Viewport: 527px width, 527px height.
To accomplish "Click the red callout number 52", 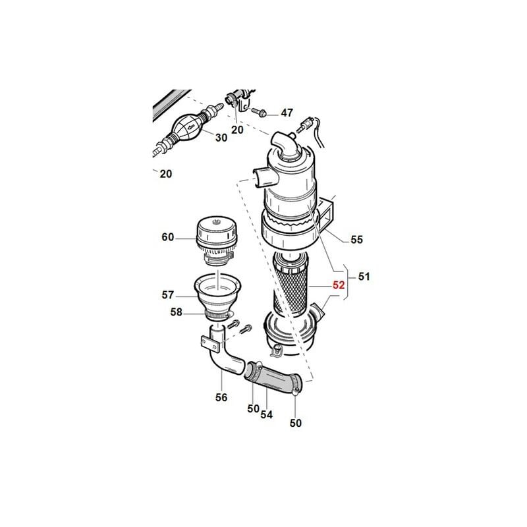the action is click(339, 285).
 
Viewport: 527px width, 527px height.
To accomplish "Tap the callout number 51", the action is click(364, 277).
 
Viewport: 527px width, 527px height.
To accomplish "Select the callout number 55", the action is click(357, 240).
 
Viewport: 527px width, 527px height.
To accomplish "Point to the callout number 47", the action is click(287, 113).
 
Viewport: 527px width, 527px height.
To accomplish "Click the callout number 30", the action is click(221, 138).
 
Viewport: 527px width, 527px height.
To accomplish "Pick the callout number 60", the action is click(168, 237).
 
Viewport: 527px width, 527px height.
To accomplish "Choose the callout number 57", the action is click(168, 294).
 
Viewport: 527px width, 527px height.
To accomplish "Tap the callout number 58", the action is click(176, 312).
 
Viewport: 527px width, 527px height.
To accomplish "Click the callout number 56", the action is click(221, 398).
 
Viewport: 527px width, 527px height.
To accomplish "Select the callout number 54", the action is click(267, 415).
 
